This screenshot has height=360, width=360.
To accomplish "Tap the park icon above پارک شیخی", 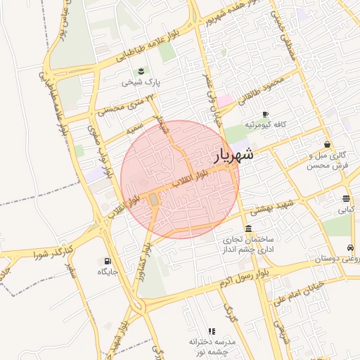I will tap(141, 71).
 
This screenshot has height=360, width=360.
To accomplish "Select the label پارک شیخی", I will tap(141, 82).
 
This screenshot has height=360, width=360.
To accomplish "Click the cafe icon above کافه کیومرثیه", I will tap(265, 114).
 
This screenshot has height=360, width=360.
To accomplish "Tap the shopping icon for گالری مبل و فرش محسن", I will tap(327, 144).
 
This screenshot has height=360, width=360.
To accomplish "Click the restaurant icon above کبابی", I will tap(346, 199).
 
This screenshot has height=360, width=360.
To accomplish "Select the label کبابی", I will tap(346, 210).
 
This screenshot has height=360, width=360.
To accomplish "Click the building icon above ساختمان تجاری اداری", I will tap(249, 229).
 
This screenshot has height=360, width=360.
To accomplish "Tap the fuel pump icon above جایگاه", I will tap(108, 261).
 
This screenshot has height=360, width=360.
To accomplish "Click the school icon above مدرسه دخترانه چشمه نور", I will tap(211, 331).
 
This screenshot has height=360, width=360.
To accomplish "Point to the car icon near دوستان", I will tap(350, 248).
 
